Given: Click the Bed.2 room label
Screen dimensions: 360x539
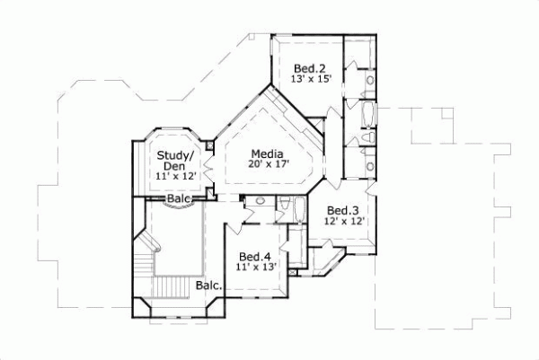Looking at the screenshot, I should click(310, 67).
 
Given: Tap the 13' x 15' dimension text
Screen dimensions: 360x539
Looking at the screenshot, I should click(312, 79).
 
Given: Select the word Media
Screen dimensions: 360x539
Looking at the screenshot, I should click(268, 153).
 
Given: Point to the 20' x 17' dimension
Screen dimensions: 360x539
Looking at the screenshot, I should click(268, 164).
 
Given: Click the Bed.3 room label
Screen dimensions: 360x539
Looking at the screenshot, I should click(344, 209).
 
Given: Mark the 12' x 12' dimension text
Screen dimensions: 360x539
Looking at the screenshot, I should click(344, 221).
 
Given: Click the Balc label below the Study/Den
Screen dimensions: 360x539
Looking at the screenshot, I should click(179, 198).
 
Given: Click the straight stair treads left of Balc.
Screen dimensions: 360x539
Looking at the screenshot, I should click(171, 288).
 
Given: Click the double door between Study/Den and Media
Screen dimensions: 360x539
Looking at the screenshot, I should click(208, 167).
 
